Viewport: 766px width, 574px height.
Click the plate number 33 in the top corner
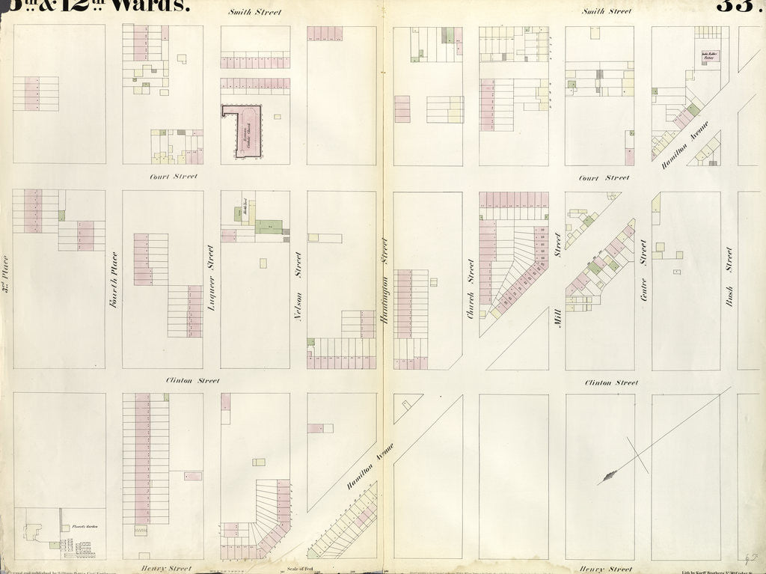pyautogui.click(x=737, y=6)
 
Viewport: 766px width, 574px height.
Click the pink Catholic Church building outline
pyautogui.click(x=242, y=132)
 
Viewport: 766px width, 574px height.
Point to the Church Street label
pyautogui.click(x=471, y=288)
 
